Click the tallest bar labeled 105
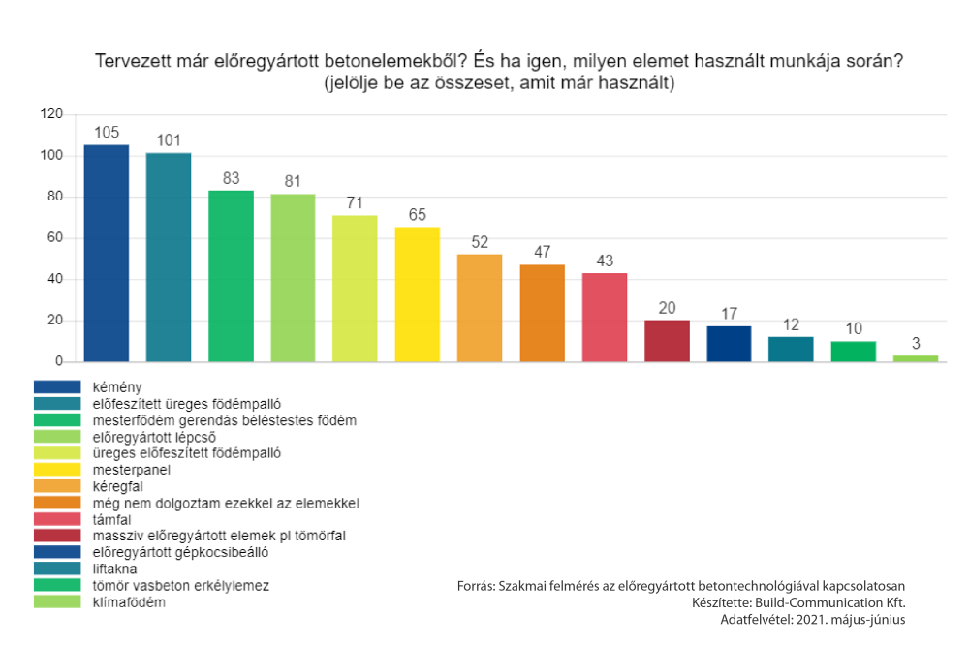point(107,253)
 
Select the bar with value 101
point(169,257)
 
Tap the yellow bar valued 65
point(418,294)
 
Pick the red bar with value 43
point(605,317)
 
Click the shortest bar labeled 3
point(916,358)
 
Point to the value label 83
point(231,179)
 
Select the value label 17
point(729,315)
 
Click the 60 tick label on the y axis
point(55,238)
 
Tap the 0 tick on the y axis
point(59,361)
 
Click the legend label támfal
point(112,519)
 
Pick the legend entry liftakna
point(114,569)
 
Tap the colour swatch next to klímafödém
point(58,602)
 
